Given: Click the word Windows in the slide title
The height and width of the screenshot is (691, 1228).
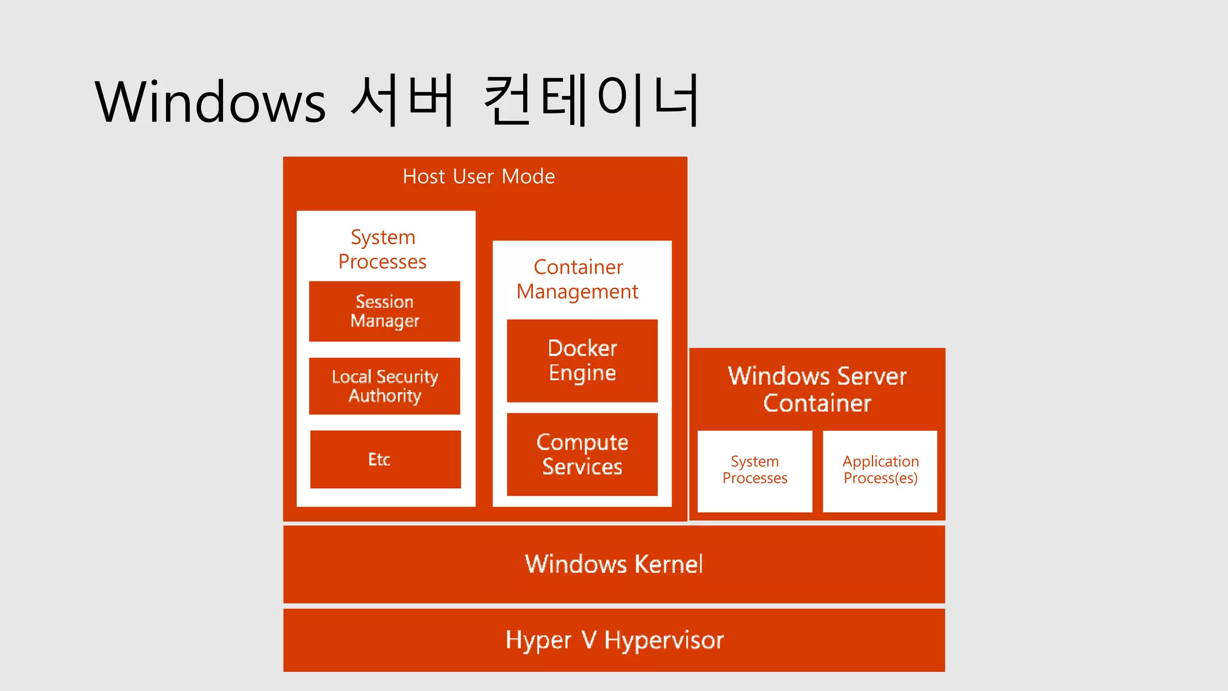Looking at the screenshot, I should (210, 102).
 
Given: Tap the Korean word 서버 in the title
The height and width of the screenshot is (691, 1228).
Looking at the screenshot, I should (402, 101).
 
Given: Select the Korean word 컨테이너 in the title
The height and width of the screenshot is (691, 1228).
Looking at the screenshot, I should (591, 101).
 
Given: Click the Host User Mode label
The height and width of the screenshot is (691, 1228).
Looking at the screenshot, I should (478, 176).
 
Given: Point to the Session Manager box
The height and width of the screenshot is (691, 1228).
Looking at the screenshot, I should (384, 311).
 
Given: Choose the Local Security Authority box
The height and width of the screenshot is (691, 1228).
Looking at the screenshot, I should (384, 386).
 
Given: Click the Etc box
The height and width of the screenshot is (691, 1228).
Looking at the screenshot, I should (385, 459).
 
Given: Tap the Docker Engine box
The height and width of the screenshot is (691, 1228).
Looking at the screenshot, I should (582, 360).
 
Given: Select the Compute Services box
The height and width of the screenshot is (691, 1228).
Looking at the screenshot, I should (582, 454).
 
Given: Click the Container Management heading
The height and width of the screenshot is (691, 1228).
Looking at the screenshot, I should (578, 279).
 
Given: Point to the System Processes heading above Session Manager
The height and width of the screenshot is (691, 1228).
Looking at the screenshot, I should (383, 249).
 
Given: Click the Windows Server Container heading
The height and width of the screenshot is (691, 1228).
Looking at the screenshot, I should (817, 389).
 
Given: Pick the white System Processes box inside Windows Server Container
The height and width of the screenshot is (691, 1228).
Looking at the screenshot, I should (755, 471).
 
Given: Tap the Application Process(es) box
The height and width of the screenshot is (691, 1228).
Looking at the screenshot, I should (880, 471).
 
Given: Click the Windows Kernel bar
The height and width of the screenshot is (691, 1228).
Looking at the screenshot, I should (614, 564).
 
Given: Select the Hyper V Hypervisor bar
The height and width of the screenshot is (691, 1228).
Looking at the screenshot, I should (614, 640).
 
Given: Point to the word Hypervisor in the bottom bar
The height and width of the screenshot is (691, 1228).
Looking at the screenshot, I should (664, 641).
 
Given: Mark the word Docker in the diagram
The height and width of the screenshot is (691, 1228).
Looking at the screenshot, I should (582, 348).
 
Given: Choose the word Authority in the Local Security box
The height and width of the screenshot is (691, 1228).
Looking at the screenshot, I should (385, 396).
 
